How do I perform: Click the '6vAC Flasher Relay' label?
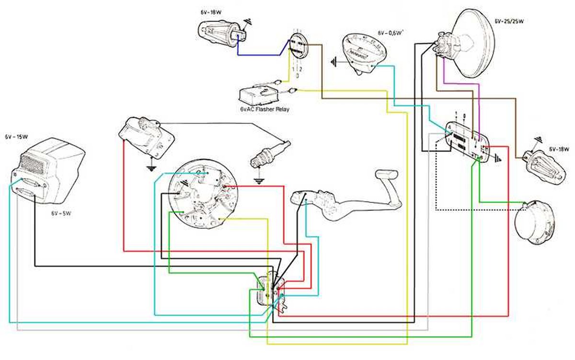coord(264,109)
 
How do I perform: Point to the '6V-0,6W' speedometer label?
coord(390,33)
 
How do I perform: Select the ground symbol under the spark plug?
coord(260,181)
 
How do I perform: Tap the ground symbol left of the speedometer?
coord(334,62)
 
